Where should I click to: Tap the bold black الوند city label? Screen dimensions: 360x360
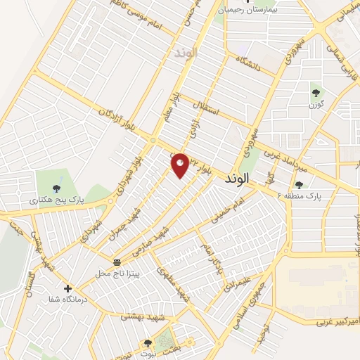pos(238,181)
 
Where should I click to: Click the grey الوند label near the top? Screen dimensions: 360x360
pos(184,53)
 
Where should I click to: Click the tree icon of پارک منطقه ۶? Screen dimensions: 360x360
pos(300,185)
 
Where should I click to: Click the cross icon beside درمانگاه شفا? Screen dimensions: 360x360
pos(67,288)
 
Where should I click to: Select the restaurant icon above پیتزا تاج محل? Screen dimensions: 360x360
pos(117,262)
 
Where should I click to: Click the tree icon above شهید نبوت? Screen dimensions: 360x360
pos(147,343)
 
